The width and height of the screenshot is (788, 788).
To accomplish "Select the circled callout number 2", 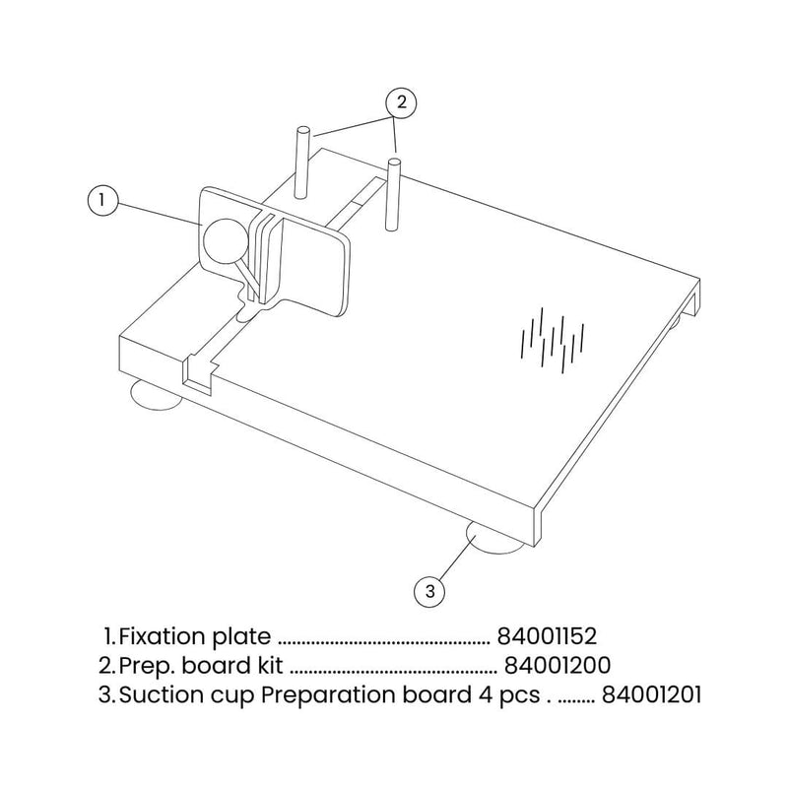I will click(399, 100).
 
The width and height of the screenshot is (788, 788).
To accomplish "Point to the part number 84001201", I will click(651, 694).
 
